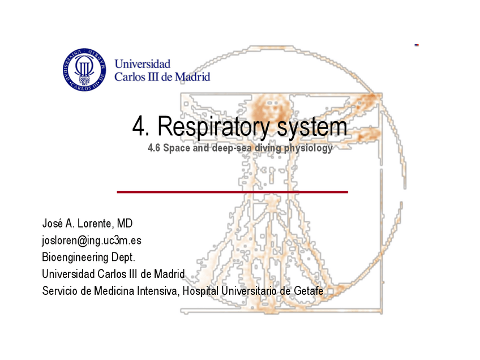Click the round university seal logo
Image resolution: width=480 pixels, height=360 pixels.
[84, 70]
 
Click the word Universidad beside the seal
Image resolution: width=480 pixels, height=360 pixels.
[142, 65]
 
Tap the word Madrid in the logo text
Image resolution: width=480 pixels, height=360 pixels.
[192, 76]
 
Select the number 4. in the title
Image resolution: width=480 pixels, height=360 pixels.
[141, 127]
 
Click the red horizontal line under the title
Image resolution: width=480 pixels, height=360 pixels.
[232, 192]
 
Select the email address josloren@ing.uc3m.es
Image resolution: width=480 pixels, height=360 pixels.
[92, 241]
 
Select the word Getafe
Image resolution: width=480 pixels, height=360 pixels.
[309, 291]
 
